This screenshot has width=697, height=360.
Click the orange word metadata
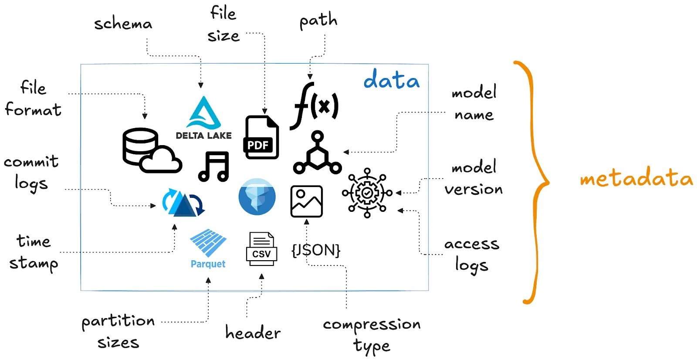point(636,178)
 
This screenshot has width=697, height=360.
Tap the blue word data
point(391,80)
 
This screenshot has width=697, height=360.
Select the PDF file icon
point(261,137)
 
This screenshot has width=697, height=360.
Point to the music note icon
point(213,166)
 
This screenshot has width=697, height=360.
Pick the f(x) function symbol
point(315,106)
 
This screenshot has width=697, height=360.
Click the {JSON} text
point(316,250)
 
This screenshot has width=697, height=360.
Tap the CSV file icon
point(261,249)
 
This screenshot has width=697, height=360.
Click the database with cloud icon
point(150,150)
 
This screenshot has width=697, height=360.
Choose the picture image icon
point(306,201)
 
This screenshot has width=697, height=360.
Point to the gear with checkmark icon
point(367,193)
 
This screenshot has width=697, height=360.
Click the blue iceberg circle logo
point(257,197)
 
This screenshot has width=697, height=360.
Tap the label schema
point(123,24)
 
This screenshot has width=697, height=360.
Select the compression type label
point(372,335)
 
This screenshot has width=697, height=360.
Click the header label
point(253,333)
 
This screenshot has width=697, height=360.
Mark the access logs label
point(471,255)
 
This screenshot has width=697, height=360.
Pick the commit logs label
point(31,172)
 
